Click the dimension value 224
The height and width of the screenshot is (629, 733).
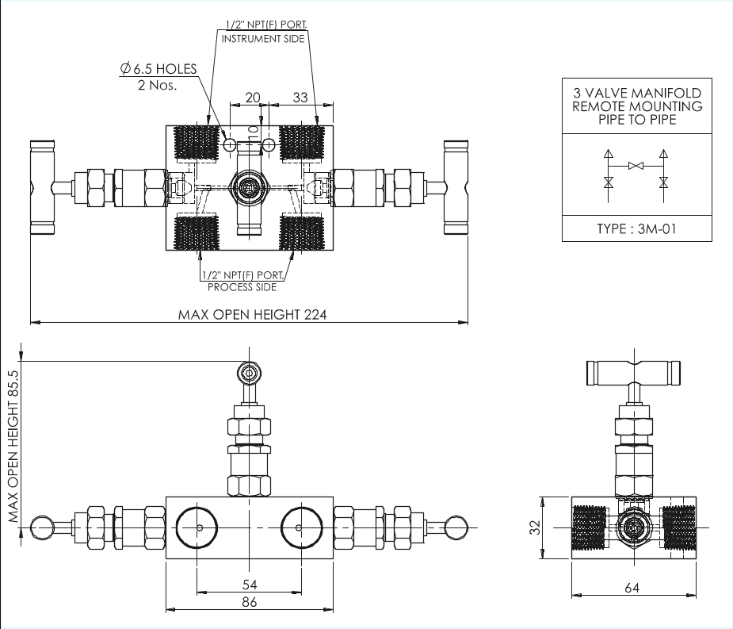click(315, 314)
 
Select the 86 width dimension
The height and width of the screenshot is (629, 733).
click(249, 602)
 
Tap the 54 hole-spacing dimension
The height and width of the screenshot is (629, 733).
click(249, 584)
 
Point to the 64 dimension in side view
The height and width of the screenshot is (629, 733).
click(632, 588)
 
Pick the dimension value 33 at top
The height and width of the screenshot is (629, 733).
click(300, 98)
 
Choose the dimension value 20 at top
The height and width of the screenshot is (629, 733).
click(252, 98)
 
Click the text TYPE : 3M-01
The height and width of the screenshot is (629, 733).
click(637, 229)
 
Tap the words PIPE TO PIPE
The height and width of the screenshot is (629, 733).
click(637, 120)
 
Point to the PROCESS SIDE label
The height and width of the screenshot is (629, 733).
click(242, 287)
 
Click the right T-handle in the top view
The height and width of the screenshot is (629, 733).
click(456, 189)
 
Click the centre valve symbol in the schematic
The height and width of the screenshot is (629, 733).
click(636, 166)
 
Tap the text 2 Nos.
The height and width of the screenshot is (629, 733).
click(158, 85)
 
